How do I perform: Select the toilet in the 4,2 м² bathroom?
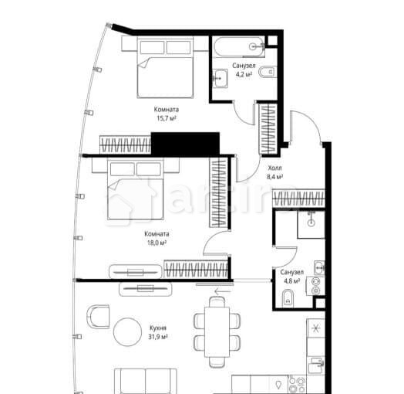(267, 73)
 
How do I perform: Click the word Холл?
(274, 167)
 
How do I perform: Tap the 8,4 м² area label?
(274, 177)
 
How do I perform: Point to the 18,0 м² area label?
(157, 242)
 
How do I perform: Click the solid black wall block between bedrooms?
(185, 143)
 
